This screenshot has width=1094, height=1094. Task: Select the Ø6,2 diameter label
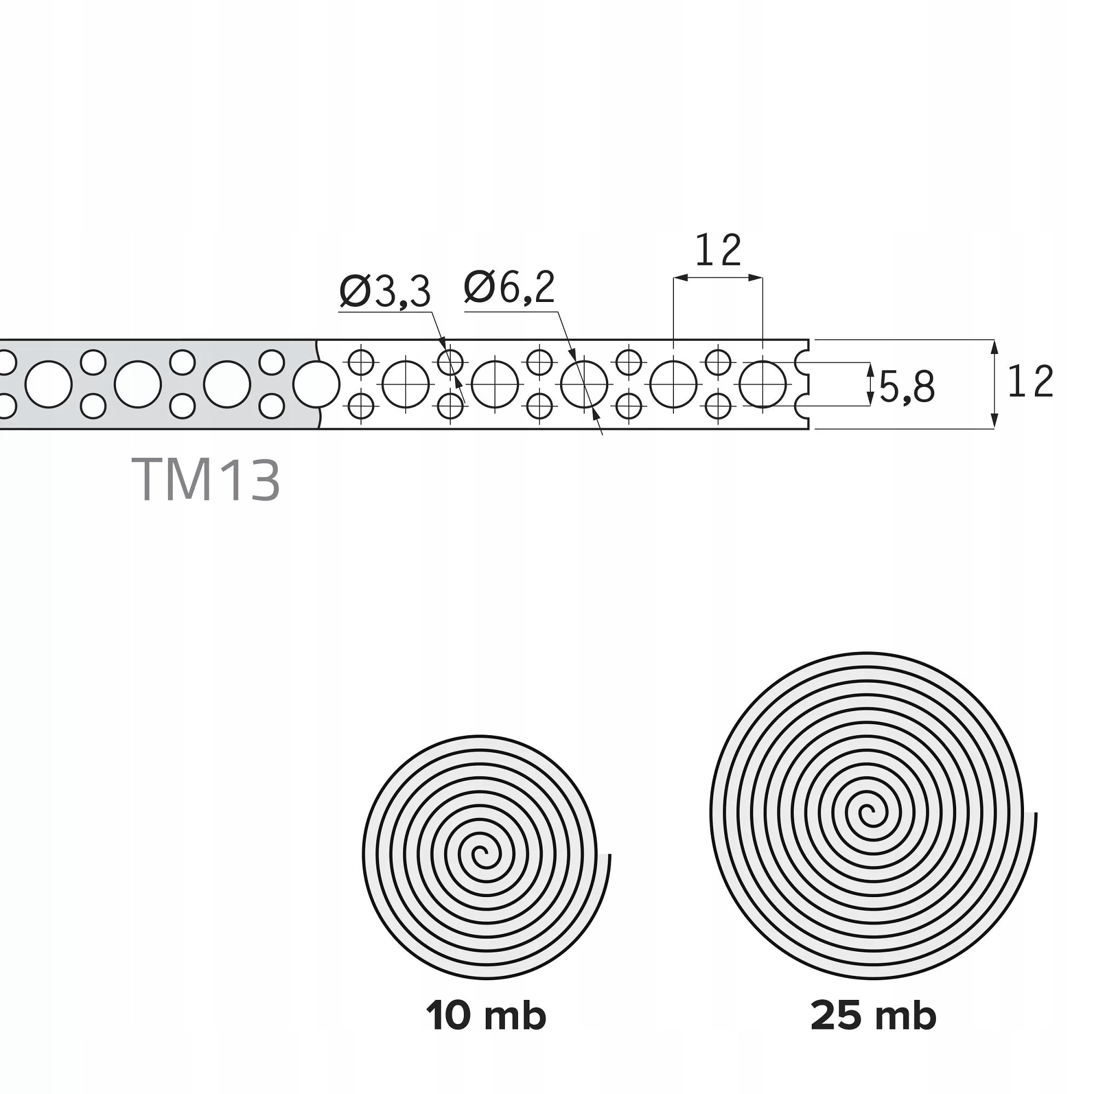509,288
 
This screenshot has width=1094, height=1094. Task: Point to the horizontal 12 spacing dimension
718,251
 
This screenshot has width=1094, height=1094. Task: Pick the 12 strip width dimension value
1030,382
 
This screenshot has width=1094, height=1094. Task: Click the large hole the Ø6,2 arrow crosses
584,385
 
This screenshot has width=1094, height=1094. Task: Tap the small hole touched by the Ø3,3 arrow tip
450,362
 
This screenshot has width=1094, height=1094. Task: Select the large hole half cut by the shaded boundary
316,385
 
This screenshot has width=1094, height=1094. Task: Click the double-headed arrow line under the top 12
718,277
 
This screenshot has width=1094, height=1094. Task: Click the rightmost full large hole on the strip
762,385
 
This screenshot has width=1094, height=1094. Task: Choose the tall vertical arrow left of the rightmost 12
994,385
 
